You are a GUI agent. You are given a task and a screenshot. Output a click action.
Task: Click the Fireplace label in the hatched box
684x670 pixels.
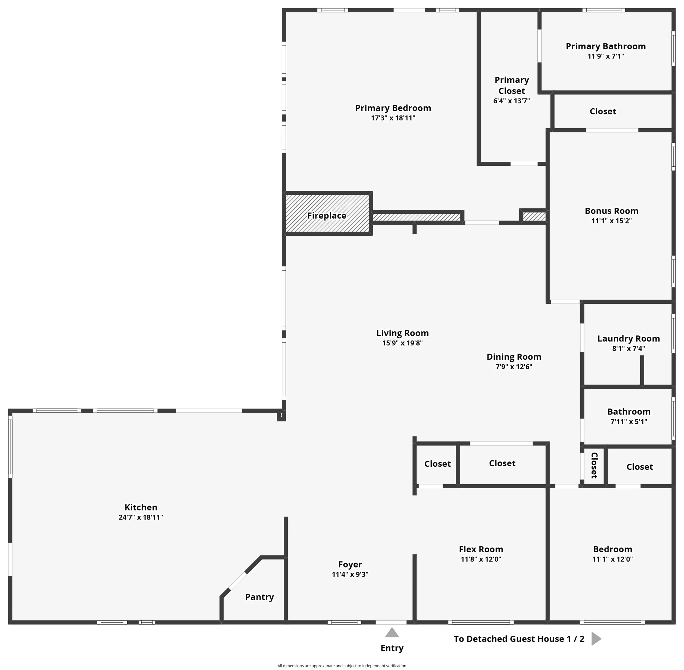pos(326,215)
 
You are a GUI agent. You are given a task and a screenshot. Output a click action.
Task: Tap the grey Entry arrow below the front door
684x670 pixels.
pos(392,633)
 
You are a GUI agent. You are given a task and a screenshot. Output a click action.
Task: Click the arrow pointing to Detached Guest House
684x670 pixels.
pos(596,639)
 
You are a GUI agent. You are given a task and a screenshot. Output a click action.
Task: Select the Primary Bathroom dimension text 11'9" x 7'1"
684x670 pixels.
pos(605,56)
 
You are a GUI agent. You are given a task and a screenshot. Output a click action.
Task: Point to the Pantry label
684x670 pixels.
pos(259,597)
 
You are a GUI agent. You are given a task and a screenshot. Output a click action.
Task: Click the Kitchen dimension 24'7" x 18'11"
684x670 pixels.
pos(141,517)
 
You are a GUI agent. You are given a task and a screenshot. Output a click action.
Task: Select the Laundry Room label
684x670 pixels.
pos(628,338)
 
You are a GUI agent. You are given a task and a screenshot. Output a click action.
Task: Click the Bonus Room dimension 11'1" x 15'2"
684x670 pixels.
pos(611,221)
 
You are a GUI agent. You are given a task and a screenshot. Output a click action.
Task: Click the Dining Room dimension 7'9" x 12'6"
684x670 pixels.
pos(514,366)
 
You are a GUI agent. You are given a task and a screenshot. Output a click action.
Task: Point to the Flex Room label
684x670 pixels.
pos(481,549)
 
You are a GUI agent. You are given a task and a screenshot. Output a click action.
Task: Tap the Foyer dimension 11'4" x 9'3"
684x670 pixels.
pos(350,574)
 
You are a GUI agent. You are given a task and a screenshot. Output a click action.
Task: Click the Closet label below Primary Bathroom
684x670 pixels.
pos(603,111)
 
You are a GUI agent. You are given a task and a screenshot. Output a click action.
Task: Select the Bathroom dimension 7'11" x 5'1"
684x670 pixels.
pos(628,421)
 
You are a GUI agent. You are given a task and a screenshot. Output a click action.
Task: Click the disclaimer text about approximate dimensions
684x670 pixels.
pos(342,665)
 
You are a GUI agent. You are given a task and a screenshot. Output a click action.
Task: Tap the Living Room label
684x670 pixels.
pos(402,333)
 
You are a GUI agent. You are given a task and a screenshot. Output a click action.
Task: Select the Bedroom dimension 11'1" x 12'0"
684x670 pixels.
pos(612,559)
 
